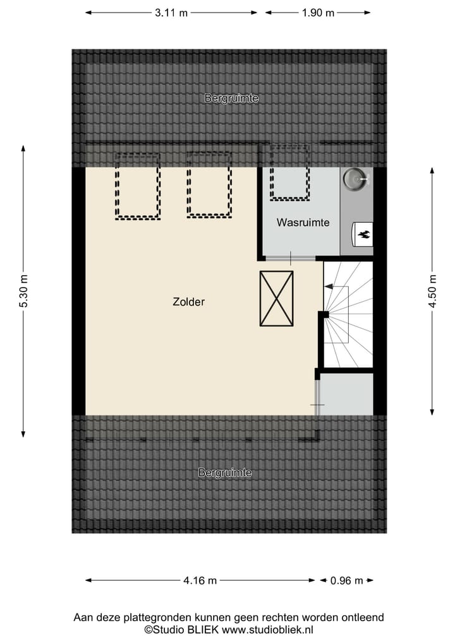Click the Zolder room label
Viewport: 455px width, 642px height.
tap(188, 302)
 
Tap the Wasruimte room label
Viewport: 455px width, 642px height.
tap(303, 223)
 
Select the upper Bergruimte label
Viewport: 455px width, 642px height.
tap(231, 98)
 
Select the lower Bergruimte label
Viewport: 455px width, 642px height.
tap(225, 473)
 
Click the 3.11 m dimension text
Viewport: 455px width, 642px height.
tap(171, 13)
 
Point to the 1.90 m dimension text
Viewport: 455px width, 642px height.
tap(318, 13)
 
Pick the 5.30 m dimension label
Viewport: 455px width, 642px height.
tap(23, 291)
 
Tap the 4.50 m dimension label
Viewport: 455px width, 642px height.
tap(432, 291)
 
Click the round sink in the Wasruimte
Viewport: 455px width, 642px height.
tap(354, 179)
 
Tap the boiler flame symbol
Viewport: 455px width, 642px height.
tap(364, 234)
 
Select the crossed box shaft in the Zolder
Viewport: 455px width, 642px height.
tap(276, 299)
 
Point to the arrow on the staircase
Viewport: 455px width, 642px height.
tap(329, 287)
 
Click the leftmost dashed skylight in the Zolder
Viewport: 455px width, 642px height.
tap(138, 186)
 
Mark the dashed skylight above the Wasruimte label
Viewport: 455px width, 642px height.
tap(289, 173)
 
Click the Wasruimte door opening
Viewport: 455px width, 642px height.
tap(290, 258)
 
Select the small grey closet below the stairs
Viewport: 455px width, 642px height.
tap(347, 394)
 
